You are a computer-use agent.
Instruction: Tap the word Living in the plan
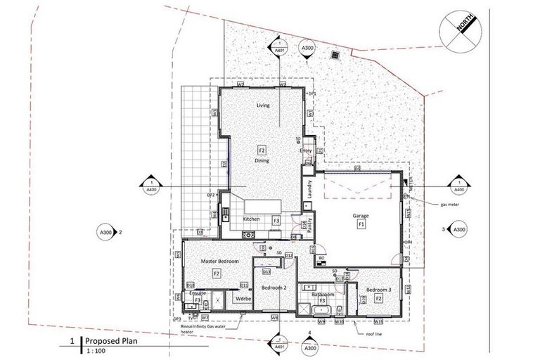coord(263,105)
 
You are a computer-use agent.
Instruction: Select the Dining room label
coord(262,161)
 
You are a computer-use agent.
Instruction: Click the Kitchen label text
coord(252,219)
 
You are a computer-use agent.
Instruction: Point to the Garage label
coord(361,216)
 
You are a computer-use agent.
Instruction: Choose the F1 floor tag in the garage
coord(361,224)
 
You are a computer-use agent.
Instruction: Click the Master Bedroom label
coord(220,262)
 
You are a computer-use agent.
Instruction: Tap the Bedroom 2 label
coord(273,288)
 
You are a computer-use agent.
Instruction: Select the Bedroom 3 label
coord(378,290)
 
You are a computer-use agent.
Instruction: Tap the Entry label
coord(305,150)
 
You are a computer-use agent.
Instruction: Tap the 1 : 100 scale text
coord(95,352)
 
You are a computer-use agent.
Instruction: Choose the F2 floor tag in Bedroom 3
coord(378,299)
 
